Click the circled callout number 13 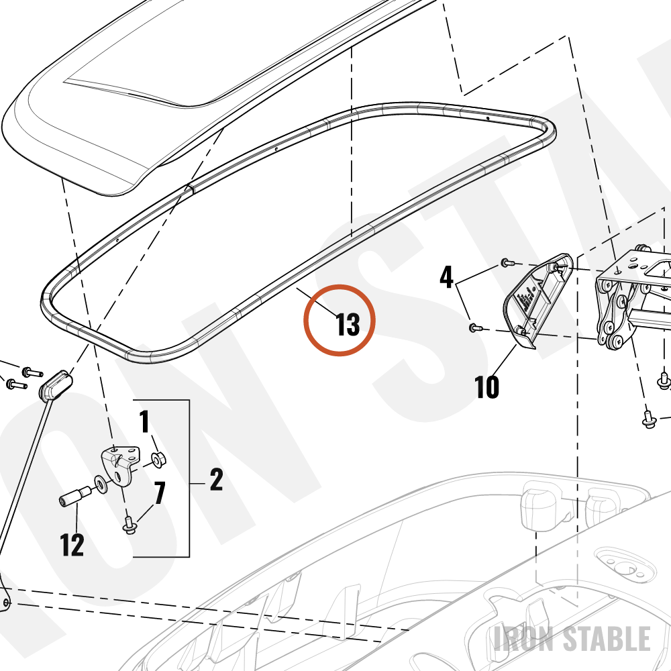(x=348, y=324)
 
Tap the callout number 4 (x=446, y=277)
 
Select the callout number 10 (x=487, y=387)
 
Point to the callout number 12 (x=72, y=545)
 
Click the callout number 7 (x=160, y=493)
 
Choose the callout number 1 (x=145, y=421)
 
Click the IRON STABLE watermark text (x=572, y=638)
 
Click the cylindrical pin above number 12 (x=74, y=496)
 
